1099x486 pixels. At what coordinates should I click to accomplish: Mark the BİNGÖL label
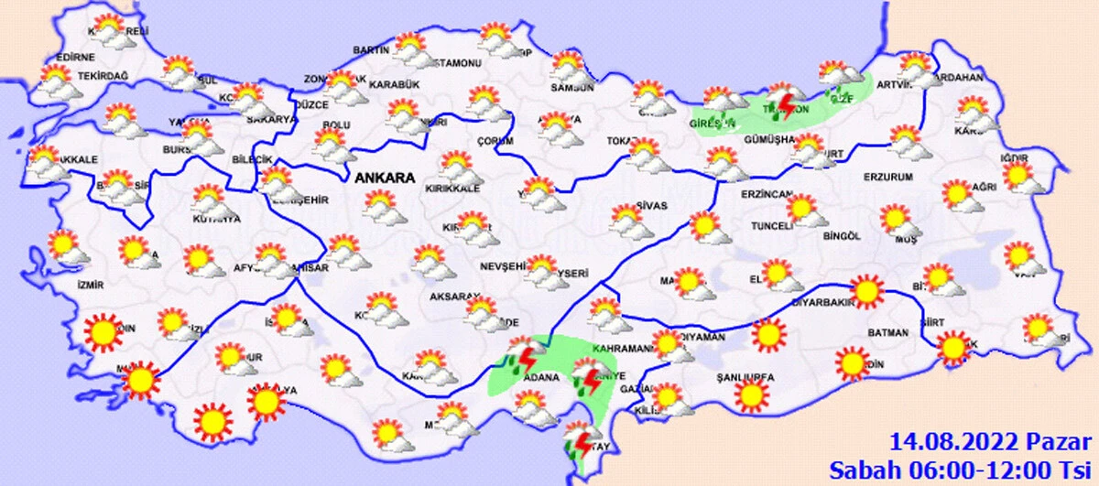[x=841, y=236]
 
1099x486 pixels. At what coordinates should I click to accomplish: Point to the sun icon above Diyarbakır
[x=865, y=292]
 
